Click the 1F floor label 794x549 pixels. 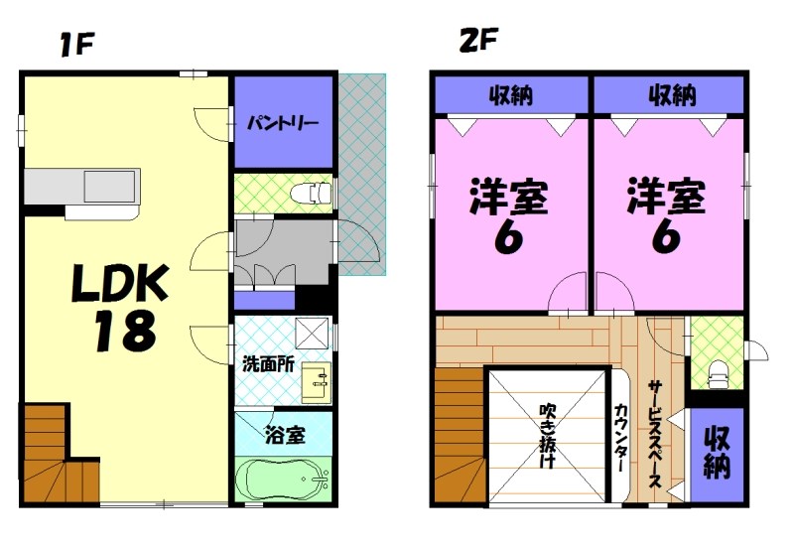point(74,45)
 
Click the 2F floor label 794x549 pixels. point(477,42)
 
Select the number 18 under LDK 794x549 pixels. point(124,332)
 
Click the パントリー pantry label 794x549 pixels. point(283,124)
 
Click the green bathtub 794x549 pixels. point(284,481)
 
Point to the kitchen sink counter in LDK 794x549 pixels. point(83,187)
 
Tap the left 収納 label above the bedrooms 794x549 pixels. point(511,96)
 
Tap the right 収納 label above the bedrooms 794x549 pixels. point(671,96)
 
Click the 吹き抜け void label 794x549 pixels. point(548,436)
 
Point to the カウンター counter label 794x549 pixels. point(620,437)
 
